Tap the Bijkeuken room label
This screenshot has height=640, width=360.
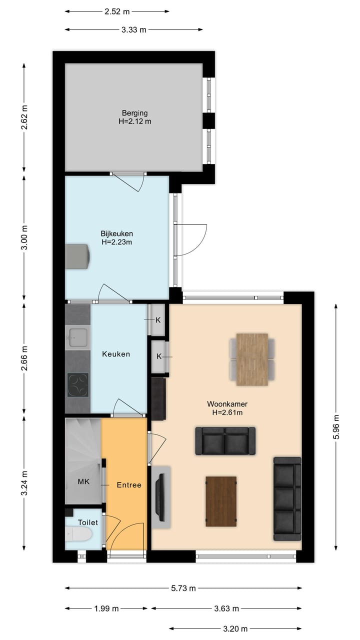116,233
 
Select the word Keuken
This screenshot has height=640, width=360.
116,354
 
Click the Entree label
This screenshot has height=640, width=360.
129,484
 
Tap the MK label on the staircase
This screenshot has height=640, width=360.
83,482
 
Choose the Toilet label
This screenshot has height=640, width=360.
88,522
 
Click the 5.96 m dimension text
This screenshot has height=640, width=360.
336,427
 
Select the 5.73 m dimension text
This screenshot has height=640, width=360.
183,588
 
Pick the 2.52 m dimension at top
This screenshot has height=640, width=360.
116,10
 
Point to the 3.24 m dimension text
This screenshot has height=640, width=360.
24,483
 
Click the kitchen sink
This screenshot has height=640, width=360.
77,336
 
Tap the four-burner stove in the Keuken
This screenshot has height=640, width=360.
77,385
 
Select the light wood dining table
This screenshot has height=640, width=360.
252,359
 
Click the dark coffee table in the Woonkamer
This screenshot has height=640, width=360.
221,501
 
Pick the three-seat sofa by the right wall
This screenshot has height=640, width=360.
287,498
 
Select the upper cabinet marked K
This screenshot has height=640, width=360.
158,319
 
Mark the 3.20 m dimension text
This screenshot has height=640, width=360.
235,628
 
